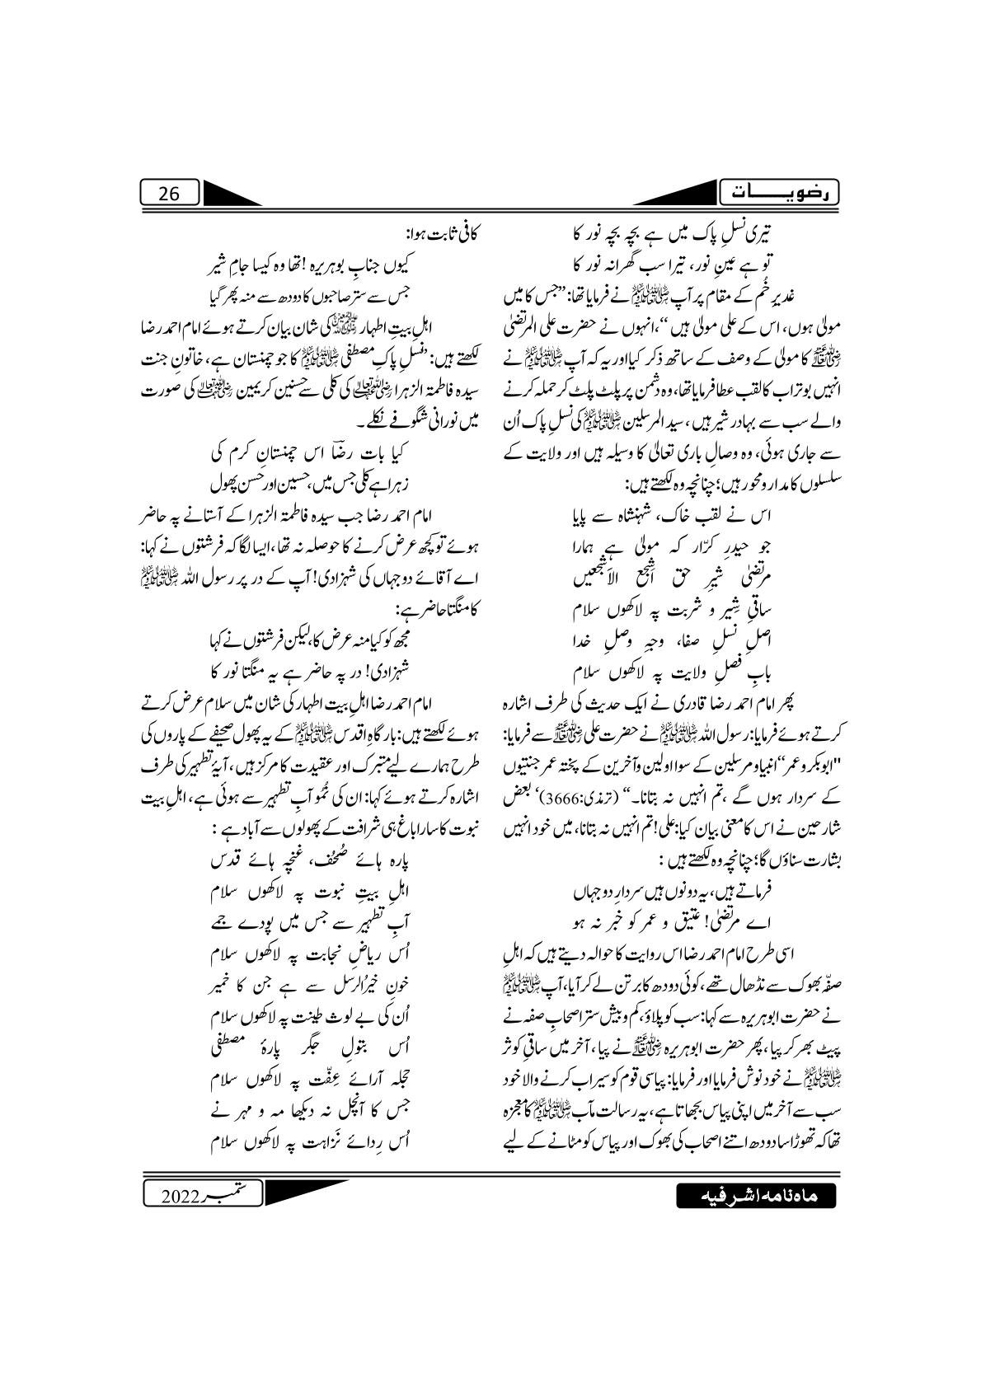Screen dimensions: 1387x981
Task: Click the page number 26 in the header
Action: point(168,194)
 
